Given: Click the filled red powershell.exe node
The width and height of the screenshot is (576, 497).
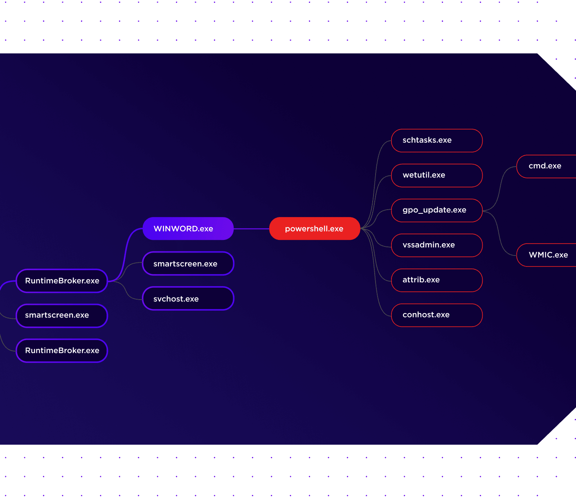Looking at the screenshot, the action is pos(315,228).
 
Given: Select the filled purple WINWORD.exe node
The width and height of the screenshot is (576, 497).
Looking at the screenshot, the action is pos(188,228).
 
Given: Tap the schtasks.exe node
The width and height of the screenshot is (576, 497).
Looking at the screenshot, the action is pos(436,141).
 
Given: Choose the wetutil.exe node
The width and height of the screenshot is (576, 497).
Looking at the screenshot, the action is pos(436,175).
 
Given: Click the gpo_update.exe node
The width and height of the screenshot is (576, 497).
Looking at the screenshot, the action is pos(436,210).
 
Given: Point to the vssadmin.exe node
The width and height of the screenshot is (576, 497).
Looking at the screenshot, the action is pos(436,245).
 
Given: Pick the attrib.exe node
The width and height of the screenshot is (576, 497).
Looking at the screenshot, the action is pos(436,280).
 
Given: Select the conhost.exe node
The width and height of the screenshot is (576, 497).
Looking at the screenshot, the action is pos(436,315).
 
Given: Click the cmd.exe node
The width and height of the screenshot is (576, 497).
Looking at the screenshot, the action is pos(546,166).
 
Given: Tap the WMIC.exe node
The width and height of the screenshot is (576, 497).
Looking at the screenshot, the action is pos(546,255).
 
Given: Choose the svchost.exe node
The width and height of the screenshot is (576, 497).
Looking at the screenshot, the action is pos(188,298).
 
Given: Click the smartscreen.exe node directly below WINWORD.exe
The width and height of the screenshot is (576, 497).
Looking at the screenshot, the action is pos(188,263).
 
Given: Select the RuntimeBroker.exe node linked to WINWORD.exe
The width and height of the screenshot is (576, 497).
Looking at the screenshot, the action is pos(62,281).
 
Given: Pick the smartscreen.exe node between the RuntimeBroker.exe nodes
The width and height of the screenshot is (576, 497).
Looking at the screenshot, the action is pos(62,316).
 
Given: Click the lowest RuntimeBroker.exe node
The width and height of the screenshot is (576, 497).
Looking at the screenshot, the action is pos(62,351).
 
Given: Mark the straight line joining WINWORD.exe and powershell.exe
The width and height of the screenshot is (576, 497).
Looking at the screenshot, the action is pos(251,229).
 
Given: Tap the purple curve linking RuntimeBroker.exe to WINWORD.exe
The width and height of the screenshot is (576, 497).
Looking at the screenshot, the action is pos(125,255).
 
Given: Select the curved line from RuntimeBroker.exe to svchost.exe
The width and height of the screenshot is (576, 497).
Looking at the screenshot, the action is pos(125,290).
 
